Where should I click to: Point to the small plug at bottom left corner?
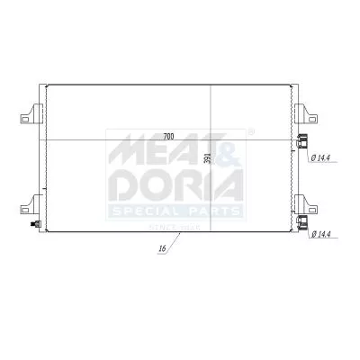[x=35, y=224]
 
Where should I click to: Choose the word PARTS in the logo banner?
[x=211, y=211]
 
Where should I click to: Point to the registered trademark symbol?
[x=249, y=132]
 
